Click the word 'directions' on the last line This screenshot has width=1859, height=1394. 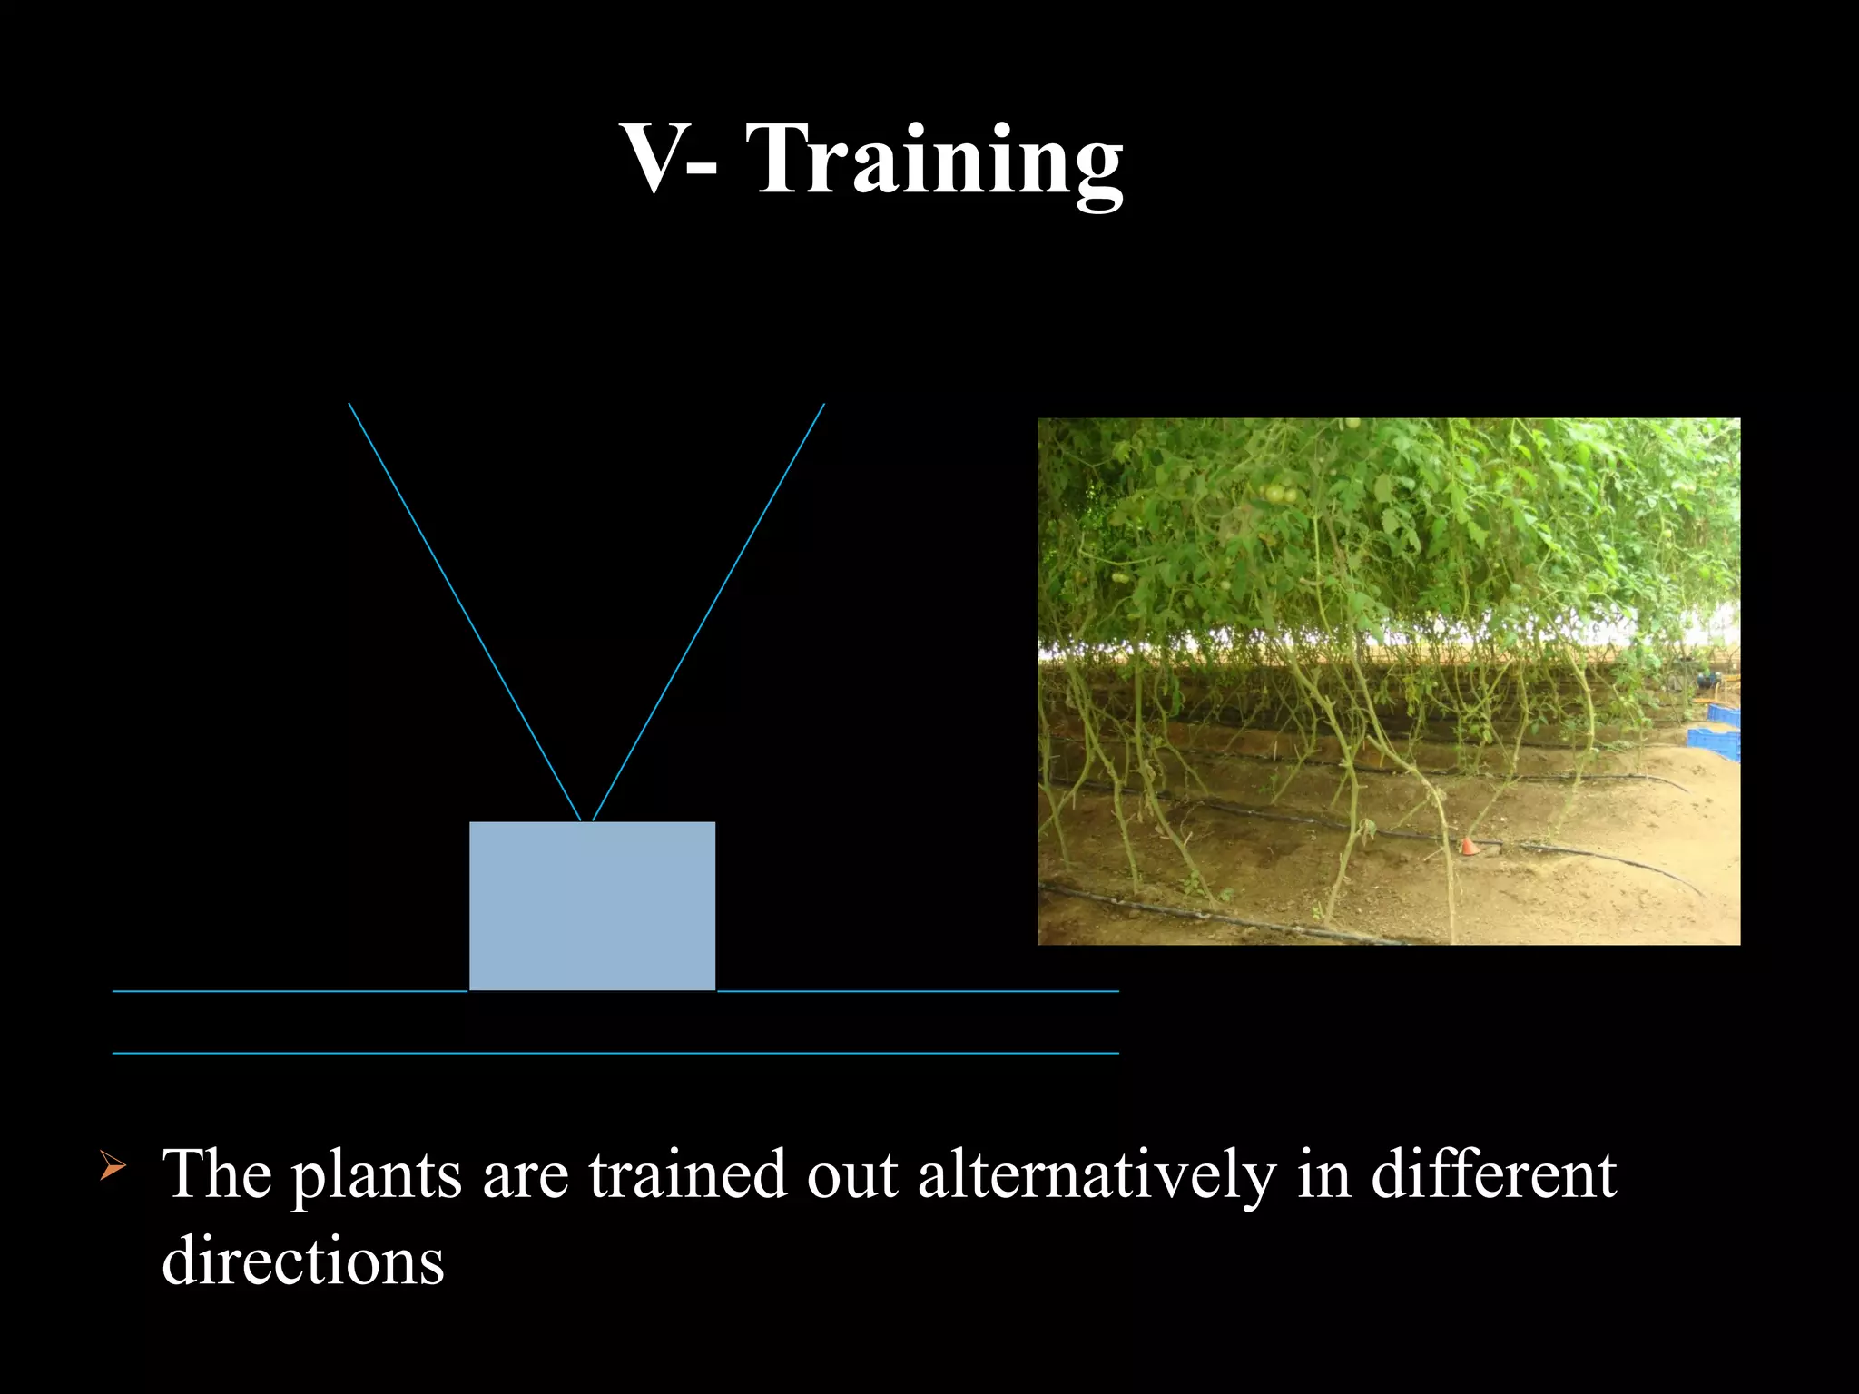[x=303, y=1261]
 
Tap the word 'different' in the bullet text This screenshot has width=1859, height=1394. [x=1493, y=1173]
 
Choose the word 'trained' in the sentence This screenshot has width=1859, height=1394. [x=687, y=1173]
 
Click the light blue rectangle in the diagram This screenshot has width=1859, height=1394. [x=592, y=906]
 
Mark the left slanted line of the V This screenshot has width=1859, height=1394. [x=465, y=612]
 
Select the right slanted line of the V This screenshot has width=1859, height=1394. [x=708, y=612]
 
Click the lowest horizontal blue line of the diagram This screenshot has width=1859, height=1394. [x=615, y=1053]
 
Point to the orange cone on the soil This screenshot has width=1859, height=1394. [x=1468, y=846]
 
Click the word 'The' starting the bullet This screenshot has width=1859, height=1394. [x=217, y=1173]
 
